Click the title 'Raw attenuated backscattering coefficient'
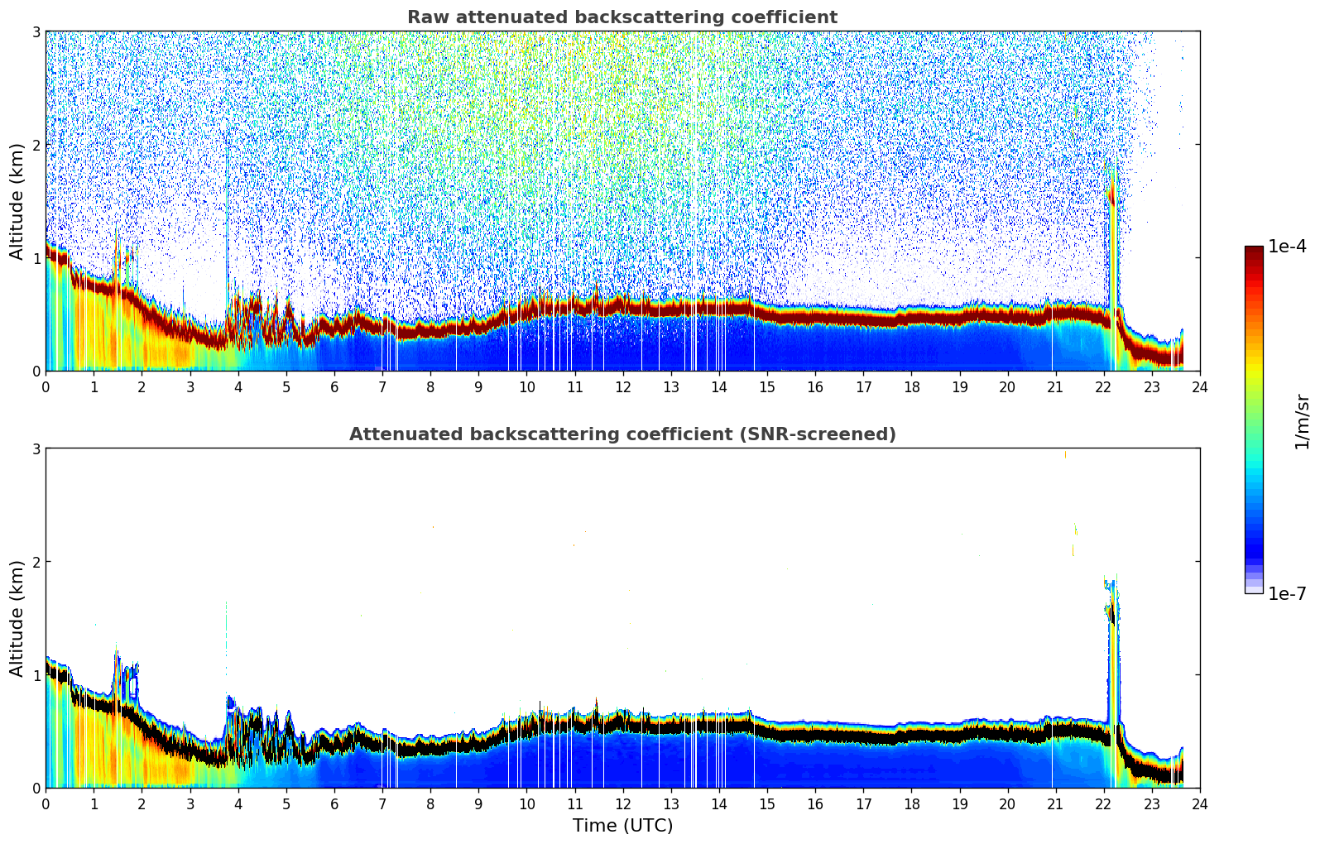coord(622,17)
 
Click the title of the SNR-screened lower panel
coord(622,434)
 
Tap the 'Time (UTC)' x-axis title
coord(622,826)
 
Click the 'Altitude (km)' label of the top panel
coord(17,201)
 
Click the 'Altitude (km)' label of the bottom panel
coord(17,618)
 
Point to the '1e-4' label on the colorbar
coord(1287,247)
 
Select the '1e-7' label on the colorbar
coord(1287,593)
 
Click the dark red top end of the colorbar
coord(1254,251)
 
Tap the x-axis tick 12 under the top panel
coord(622,386)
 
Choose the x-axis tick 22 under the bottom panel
coord(1103,803)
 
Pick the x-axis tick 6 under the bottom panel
coord(334,803)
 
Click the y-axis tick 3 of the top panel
coord(36,31)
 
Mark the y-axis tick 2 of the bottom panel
coord(36,562)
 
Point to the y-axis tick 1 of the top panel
coord(36,258)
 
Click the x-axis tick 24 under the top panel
coord(1199,386)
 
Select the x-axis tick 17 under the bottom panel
coord(863,803)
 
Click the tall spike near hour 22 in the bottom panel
coord(1112,645)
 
